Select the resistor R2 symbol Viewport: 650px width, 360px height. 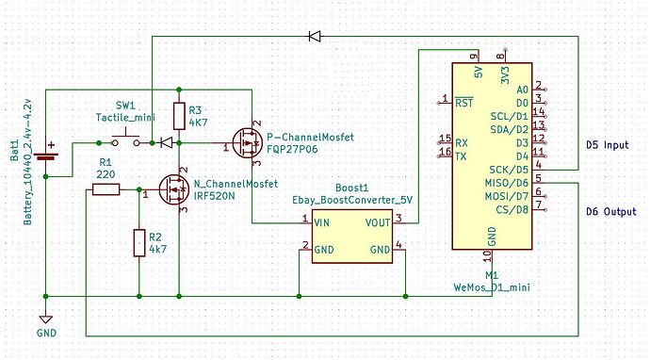tap(139, 242)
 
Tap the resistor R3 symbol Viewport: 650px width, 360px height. tap(179, 116)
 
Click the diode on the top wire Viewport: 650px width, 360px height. tap(315, 36)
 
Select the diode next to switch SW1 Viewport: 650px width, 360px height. tap(166, 143)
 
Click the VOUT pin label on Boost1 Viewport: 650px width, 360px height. tap(377, 221)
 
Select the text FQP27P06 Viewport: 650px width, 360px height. tap(291, 149)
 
